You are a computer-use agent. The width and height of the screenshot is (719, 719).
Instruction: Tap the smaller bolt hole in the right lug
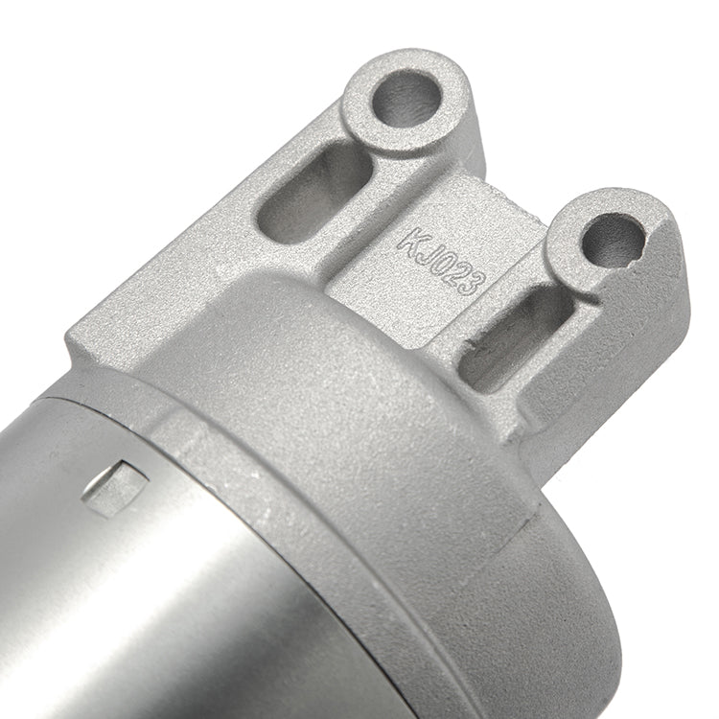point(614,241)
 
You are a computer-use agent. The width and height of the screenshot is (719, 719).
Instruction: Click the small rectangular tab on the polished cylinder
point(116,487)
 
